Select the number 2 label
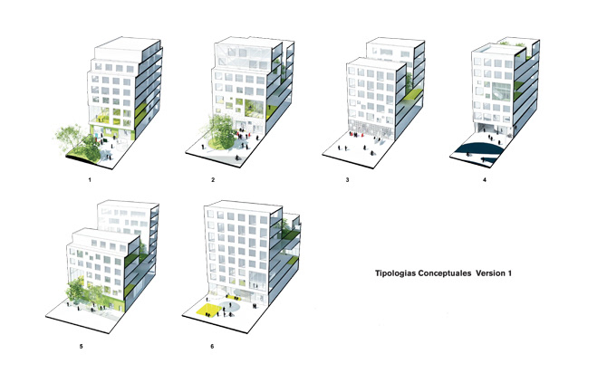(x=212, y=180)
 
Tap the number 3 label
(x=347, y=180)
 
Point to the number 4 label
(x=485, y=180)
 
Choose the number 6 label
(x=212, y=345)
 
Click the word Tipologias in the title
(x=400, y=272)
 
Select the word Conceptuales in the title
(x=450, y=272)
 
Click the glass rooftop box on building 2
(x=238, y=55)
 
